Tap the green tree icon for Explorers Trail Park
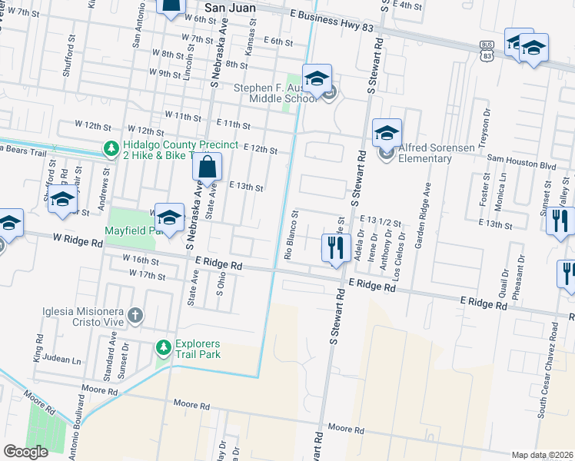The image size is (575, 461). point(163,348)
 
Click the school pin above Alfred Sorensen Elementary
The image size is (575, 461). point(387,134)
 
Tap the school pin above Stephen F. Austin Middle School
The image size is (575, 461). point(316,79)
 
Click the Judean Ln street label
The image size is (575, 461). point(61,360)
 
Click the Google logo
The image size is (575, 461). point(25,451)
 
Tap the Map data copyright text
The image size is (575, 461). point(541,455)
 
